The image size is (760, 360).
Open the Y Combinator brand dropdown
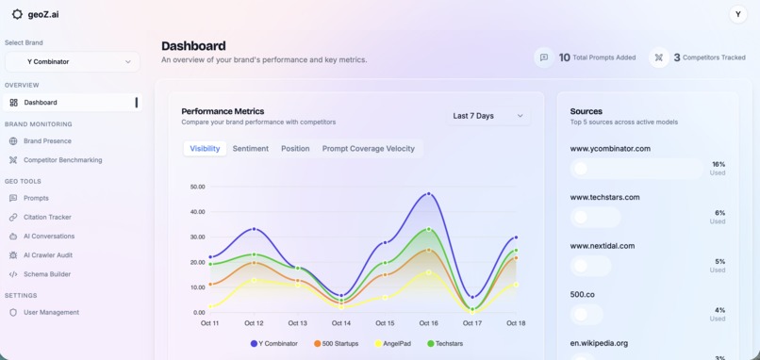click(73, 62)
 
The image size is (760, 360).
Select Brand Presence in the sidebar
click(47, 141)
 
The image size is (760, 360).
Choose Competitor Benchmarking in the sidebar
click(62, 160)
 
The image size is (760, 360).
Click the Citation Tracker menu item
click(47, 218)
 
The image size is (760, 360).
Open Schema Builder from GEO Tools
click(46, 274)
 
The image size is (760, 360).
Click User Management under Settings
click(51, 313)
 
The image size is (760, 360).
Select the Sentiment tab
click(251, 149)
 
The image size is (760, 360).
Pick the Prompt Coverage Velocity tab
click(368, 149)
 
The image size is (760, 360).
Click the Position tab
click(295, 149)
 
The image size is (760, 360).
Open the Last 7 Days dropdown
click(487, 116)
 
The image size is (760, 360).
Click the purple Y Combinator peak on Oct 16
click(429, 194)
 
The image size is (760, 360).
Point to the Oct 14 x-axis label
click(341, 323)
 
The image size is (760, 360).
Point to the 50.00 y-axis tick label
click(197, 187)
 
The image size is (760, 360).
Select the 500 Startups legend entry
click(337, 344)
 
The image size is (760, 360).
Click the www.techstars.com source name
click(604, 197)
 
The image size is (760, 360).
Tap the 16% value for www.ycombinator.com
click(719, 165)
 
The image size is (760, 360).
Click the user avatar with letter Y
click(738, 14)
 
